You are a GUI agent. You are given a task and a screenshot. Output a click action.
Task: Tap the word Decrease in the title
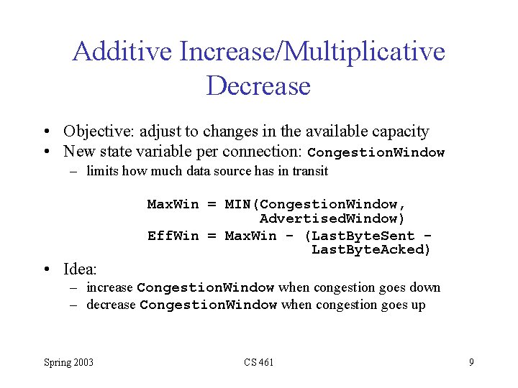tap(258, 86)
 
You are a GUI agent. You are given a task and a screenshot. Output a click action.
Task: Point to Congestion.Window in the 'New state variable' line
tap(376, 153)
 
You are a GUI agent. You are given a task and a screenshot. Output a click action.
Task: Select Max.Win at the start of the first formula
tap(173, 204)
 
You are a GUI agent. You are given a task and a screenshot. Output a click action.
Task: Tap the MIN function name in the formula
tap(237, 204)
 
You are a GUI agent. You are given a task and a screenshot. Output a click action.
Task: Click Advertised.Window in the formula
tap(332, 218)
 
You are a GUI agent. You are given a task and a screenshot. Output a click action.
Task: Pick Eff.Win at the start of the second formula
tap(173, 236)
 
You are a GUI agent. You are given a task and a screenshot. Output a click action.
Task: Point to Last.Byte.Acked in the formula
tap(371, 250)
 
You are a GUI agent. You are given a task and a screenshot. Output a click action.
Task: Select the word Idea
tap(79, 269)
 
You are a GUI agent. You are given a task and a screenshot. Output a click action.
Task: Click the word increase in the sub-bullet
tap(109, 287)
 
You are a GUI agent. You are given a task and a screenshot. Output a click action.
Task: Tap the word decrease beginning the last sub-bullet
tap(111, 305)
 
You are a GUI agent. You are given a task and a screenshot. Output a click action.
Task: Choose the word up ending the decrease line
tap(417, 305)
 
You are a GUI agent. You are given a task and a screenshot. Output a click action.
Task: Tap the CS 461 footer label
tap(258, 362)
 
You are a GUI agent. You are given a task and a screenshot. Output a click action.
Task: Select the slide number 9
tap(471, 362)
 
